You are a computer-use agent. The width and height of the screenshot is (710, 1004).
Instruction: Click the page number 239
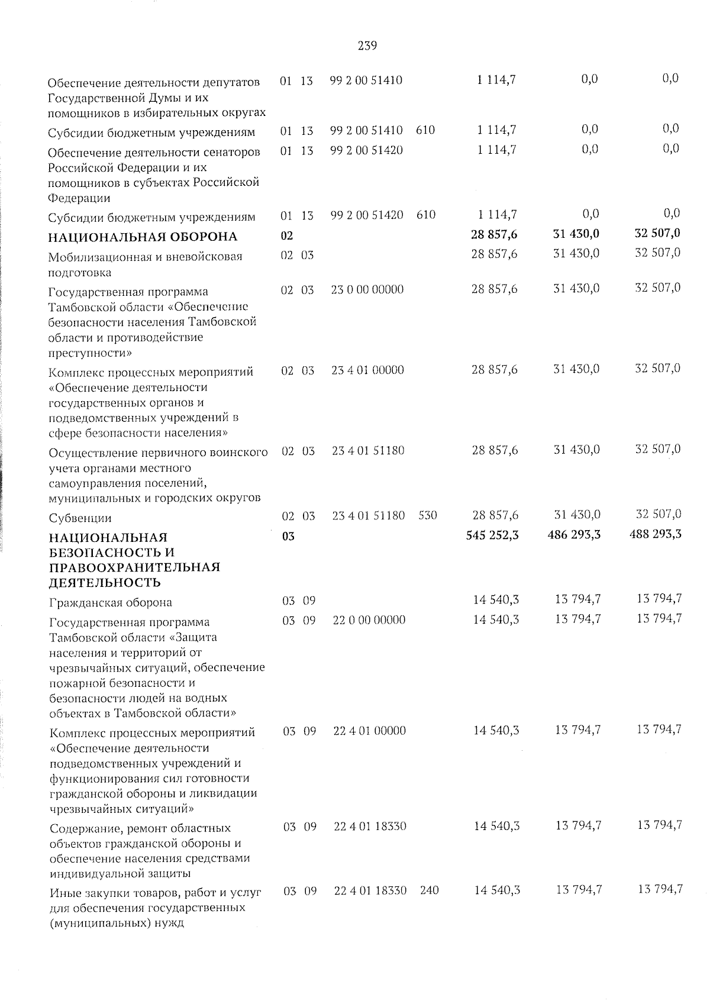tap(367, 46)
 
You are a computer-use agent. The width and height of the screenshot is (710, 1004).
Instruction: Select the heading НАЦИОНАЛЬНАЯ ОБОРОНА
tap(142, 237)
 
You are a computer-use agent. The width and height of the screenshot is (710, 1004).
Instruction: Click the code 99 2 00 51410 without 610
tap(366, 80)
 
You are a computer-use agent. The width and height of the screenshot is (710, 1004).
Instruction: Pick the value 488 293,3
tap(657, 534)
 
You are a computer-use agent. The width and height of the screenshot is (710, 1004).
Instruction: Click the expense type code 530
tap(427, 515)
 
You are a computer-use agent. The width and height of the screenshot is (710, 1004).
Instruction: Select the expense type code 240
tap(429, 890)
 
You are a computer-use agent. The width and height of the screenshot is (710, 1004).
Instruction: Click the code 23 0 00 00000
tap(367, 289)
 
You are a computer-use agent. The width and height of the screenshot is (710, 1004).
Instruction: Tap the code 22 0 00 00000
tap(369, 620)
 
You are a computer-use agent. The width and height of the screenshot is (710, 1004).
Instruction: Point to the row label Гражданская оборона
tap(111, 603)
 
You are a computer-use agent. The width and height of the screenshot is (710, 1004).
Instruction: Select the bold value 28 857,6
tap(494, 235)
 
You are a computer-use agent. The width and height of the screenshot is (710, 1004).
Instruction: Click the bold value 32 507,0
tap(657, 233)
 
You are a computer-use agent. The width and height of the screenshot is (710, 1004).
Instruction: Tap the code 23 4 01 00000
tap(367, 370)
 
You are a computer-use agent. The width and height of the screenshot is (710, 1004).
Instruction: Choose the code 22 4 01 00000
tap(369, 731)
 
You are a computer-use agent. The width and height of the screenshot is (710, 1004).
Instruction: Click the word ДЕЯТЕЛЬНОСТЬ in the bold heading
tap(104, 583)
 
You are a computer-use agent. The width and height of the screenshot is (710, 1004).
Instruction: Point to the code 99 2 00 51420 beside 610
tap(366, 215)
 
